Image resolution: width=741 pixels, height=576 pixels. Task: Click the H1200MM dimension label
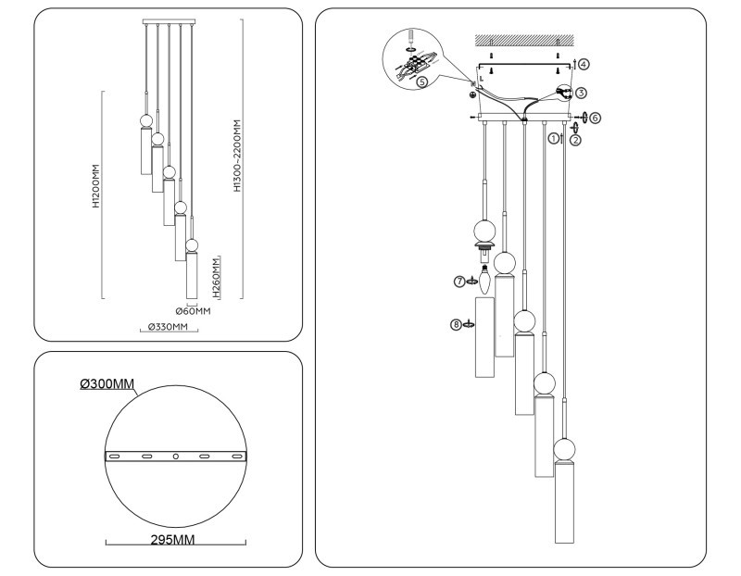coord(96,194)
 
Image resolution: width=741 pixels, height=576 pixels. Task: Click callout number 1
coord(554,138)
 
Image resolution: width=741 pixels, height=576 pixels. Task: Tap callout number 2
coord(575,141)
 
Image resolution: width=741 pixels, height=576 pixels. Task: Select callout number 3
coord(581,93)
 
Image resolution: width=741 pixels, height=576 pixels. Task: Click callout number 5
coord(422,81)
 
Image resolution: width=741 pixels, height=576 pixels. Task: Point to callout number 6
coord(596,119)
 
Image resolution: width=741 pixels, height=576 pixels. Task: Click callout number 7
coord(460,281)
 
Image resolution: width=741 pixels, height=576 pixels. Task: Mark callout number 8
coord(456,324)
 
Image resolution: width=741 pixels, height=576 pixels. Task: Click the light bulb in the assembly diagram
coord(484,272)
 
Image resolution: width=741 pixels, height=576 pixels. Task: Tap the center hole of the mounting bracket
coord(175,457)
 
